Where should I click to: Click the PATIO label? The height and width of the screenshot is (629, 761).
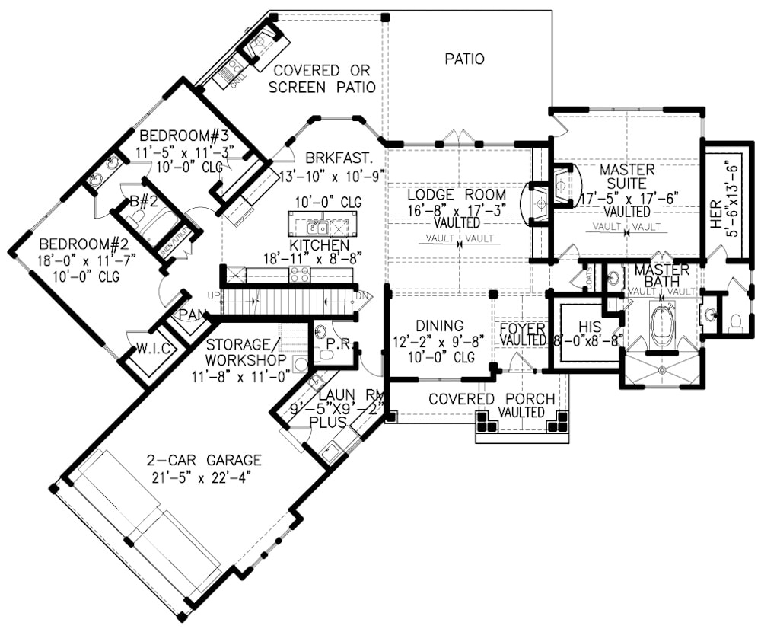point(464,59)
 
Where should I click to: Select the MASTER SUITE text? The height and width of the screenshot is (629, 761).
point(627,176)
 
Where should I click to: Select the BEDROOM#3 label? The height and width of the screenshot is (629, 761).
point(184,136)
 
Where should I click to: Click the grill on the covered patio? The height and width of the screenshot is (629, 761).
point(229,75)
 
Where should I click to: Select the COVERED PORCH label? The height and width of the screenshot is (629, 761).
point(491,399)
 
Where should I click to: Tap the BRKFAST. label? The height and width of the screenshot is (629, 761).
point(339,158)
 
